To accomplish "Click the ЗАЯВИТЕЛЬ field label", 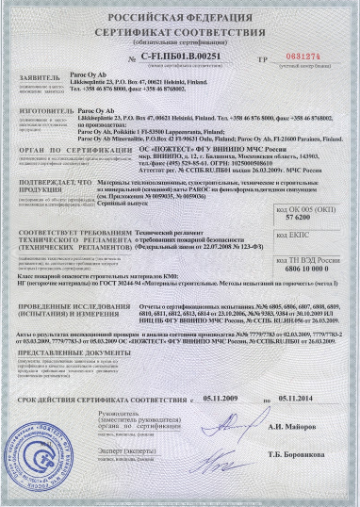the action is click(40, 83).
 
